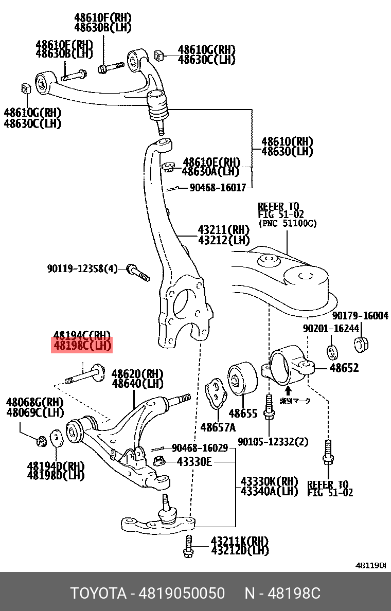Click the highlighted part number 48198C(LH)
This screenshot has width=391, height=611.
[82, 346]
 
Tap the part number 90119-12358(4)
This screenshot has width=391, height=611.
[82, 268]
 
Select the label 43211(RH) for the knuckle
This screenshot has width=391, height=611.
[224, 229]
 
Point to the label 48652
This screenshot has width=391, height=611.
[344, 368]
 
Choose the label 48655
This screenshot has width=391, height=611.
[243, 413]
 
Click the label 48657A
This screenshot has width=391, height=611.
[218, 427]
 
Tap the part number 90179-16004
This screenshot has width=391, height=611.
[360, 316]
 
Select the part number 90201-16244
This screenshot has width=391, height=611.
[331, 328]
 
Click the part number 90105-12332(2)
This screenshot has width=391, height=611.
[273, 442]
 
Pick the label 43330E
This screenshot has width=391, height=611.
[194, 462]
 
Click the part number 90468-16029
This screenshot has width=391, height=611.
[200, 448]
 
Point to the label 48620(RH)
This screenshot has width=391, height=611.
[137, 373]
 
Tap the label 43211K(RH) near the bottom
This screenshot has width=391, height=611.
[240, 541]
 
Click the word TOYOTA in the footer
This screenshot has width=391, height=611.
[98, 594]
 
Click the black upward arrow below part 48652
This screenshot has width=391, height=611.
[288, 390]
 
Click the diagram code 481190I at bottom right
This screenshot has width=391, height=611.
[371, 565]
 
